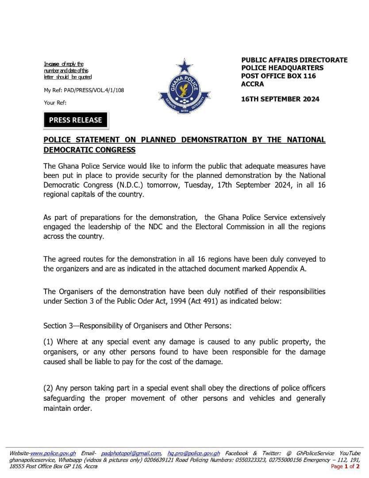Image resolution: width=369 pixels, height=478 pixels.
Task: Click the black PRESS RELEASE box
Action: pyautogui.click(x=75, y=120)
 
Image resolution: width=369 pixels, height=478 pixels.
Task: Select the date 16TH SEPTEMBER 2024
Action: pyautogui.click(x=280, y=99)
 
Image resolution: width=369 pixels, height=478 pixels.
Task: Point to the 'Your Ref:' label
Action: pyautogui.click(x=55, y=103)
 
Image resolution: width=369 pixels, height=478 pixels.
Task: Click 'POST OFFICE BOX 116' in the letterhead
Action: pyautogui.click(x=278, y=76)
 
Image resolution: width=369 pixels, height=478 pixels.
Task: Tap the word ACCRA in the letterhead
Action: pyautogui.click(x=252, y=84)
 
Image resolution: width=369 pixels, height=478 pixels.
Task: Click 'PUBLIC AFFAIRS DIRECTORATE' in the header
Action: pyautogui.click(x=294, y=60)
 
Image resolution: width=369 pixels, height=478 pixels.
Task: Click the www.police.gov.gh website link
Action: pyautogui.click(x=53, y=453)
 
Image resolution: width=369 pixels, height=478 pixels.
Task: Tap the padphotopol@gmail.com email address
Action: pyautogui.click(x=131, y=453)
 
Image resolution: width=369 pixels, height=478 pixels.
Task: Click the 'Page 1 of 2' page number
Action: pyautogui.click(x=345, y=466)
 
